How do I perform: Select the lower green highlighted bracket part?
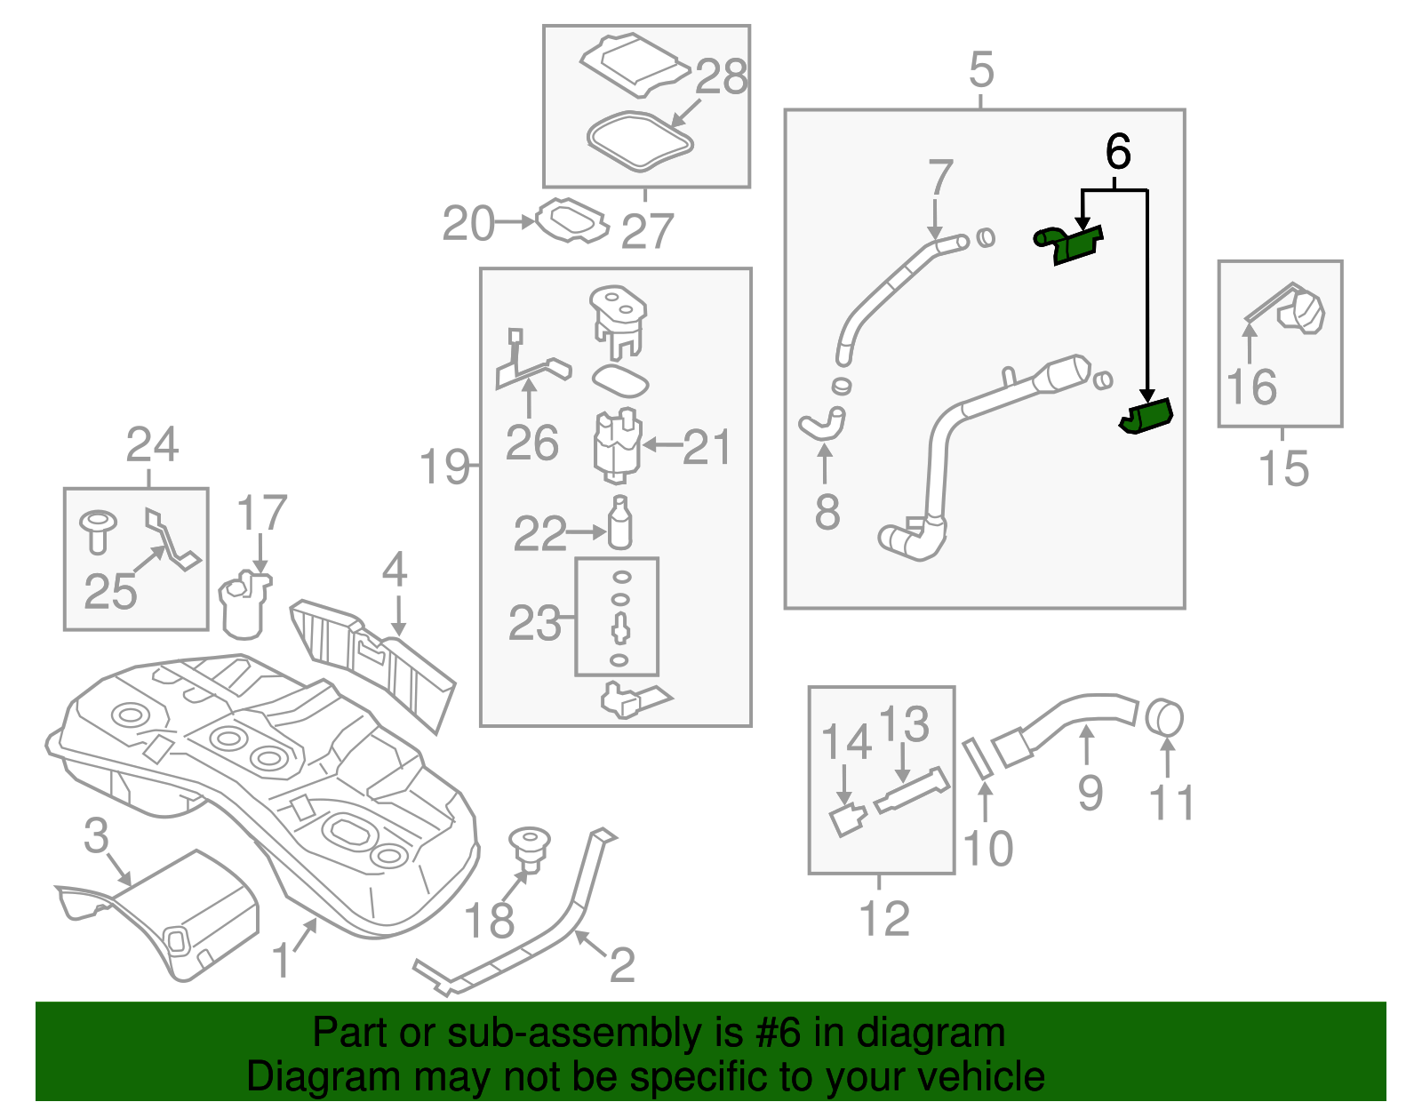tap(1147, 416)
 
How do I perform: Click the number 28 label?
tap(721, 77)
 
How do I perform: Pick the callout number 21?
tap(707, 447)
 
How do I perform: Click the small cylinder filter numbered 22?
tap(620, 524)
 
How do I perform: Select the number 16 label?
tap(1251, 387)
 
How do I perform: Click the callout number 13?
tap(904, 724)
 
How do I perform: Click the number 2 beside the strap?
tap(621, 965)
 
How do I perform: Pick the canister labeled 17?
tap(244, 606)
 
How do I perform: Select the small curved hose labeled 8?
tap(822, 425)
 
